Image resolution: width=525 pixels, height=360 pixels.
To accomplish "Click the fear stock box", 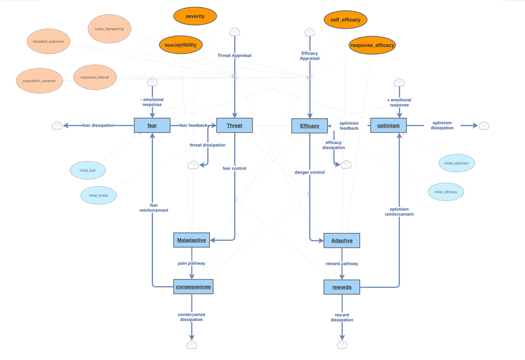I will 152,125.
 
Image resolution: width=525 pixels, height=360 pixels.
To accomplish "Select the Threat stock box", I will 234,125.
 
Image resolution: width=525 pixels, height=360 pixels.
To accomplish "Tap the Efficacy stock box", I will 310,126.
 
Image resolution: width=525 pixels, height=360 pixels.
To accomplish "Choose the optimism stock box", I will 388,125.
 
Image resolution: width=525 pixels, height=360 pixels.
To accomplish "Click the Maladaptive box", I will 191,240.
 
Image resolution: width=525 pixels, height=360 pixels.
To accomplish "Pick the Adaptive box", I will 342,240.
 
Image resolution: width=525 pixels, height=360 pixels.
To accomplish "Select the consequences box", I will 193,287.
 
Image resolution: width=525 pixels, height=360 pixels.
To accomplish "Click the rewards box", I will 342,287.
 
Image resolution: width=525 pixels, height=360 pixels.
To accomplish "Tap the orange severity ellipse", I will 195,16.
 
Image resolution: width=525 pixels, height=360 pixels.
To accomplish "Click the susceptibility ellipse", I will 180,45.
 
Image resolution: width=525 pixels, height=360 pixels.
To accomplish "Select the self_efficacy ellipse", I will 345,20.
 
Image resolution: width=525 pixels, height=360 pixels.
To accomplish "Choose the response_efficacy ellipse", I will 372,45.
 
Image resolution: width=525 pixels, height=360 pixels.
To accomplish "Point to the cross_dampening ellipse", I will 109,29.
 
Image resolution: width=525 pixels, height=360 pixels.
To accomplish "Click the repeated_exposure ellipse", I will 49,42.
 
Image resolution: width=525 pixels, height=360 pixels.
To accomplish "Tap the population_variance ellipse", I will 39,81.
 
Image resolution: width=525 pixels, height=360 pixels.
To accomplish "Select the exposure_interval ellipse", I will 95,77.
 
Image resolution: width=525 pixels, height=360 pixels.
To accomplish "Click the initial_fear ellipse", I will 87,170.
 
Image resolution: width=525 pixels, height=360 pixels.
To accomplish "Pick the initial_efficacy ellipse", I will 446,192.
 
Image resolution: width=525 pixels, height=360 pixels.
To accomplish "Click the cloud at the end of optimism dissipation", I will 484,126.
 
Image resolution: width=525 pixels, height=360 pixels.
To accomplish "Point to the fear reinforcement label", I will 154,208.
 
